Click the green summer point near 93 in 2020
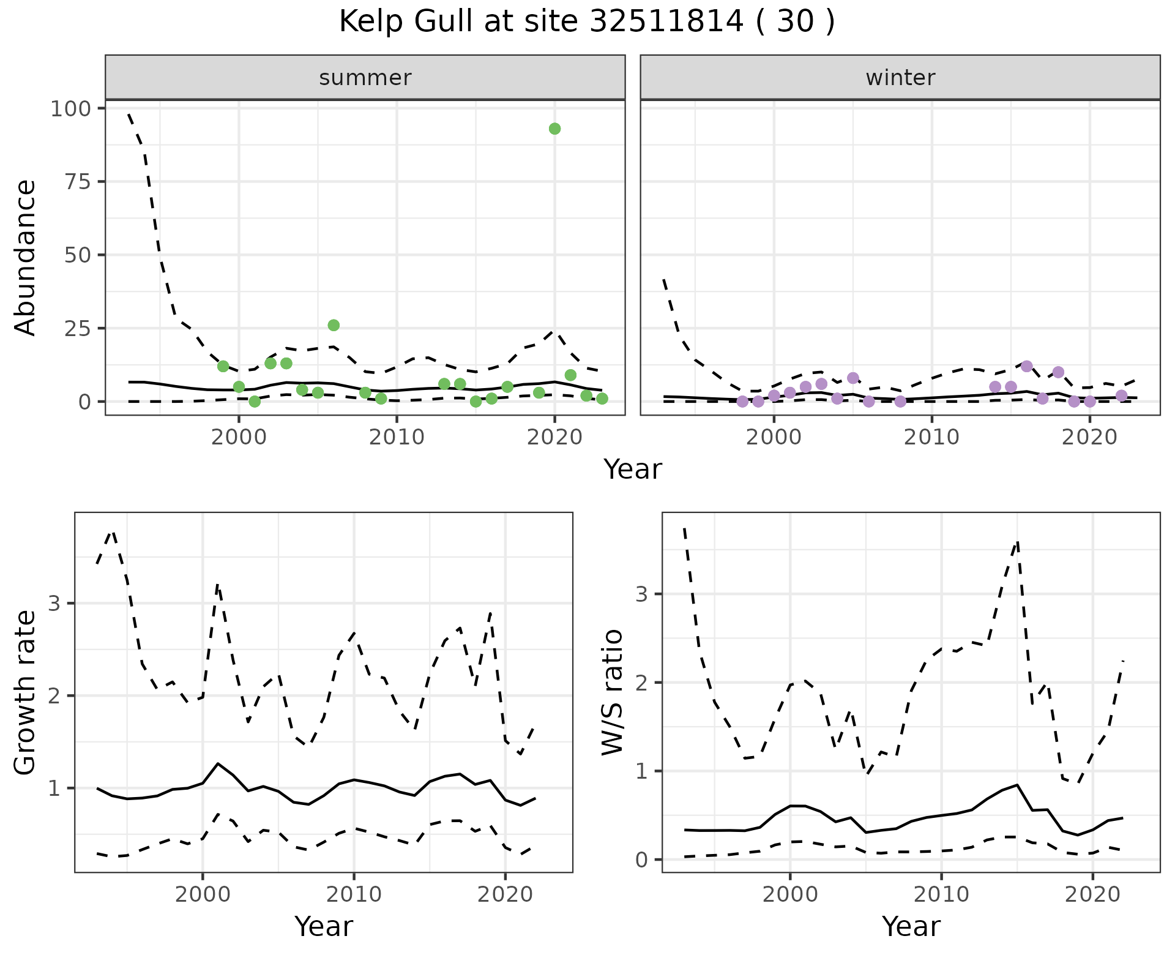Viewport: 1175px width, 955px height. point(554,129)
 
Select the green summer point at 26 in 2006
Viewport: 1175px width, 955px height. point(334,325)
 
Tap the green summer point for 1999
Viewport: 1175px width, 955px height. point(223,366)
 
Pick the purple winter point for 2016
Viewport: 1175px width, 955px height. point(1027,366)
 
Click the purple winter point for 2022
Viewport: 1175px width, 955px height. point(1121,395)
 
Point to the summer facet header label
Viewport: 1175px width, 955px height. point(365,78)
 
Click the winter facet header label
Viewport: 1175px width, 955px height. point(900,78)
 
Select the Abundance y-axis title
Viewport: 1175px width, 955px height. point(26,257)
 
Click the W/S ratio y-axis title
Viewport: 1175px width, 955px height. point(613,692)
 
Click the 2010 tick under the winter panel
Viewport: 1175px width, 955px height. point(931,436)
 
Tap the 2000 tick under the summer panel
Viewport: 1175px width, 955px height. point(239,436)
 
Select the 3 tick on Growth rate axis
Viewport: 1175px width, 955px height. point(54,604)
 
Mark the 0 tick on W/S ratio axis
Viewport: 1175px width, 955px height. point(641,860)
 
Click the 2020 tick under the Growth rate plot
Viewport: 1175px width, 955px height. point(505,894)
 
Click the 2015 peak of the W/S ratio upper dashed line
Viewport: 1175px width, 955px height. point(1017,542)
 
